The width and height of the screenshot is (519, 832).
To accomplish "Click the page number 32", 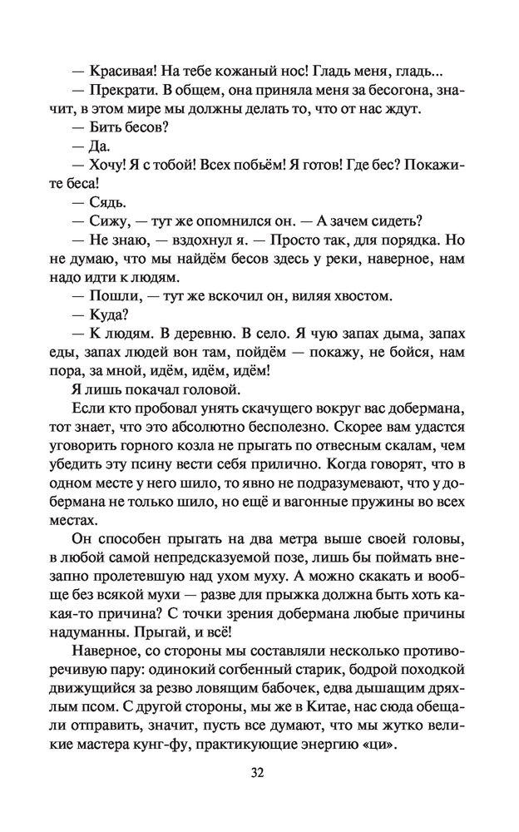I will click(258, 773).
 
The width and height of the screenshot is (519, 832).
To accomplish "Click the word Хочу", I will click(108, 165).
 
